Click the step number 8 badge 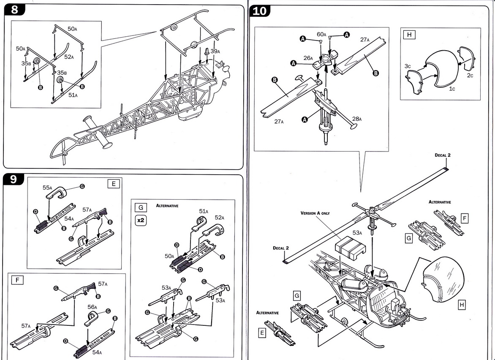point(14,10)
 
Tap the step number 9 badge point(14,179)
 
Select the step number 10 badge point(259,11)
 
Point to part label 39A point(215,51)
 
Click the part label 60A point(321,34)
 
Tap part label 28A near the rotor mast point(357,119)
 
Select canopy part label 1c point(441,89)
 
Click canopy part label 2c point(471,76)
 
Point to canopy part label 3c point(407,66)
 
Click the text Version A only point(315,214)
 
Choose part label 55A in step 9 point(47,188)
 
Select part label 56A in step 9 point(92,307)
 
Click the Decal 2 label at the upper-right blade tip point(443,155)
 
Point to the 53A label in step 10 point(357,233)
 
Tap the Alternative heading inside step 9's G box point(167,206)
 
